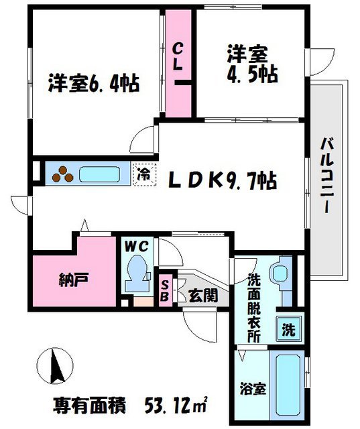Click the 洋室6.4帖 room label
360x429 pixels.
pos(93,84)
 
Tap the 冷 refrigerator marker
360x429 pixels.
pos(143,174)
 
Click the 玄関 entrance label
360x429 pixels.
pos(203,294)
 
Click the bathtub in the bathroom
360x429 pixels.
pos(287,385)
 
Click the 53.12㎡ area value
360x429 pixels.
pos(176,406)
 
